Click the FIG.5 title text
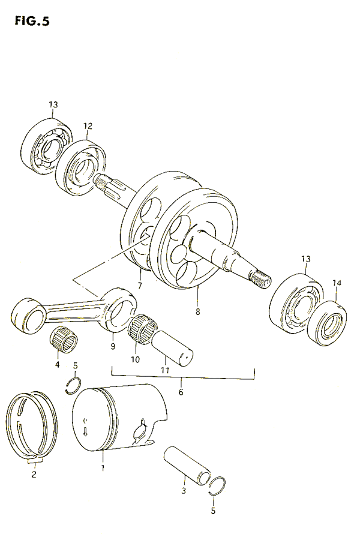click(x=29, y=22)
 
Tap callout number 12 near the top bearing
click(x=88, y=126)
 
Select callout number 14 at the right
click(x=336, y=283)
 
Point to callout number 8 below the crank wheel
click(x=197, y=311)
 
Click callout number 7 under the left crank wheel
click(x=139, y=286)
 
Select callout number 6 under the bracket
click(x=181, y=392)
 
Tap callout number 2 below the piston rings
click(x=34, y=475)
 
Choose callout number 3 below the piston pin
click(x=184, y=491)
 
